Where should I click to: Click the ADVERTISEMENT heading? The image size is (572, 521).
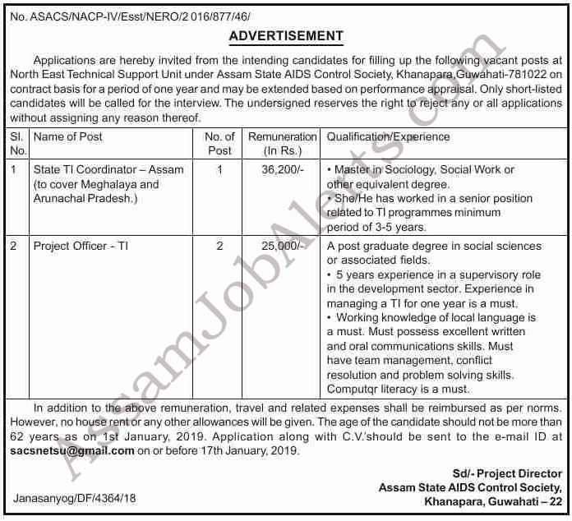click(285, 36)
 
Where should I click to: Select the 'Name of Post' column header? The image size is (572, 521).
click(68, 137)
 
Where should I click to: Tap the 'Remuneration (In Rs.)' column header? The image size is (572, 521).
click(282, 144)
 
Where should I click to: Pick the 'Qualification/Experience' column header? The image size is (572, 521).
click(388, 137)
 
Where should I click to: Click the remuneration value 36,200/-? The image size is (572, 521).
click(283, 170)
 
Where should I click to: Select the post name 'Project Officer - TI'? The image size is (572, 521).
click(81, 246)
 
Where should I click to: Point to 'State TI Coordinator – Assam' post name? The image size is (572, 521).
click(108, 170)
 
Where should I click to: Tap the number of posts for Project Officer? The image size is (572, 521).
click(219, 246)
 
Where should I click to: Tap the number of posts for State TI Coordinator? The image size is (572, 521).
click(219, 170)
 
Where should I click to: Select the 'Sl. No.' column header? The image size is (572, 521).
click(18, 144)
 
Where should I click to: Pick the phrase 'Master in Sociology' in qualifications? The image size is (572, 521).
click(376, 170)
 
